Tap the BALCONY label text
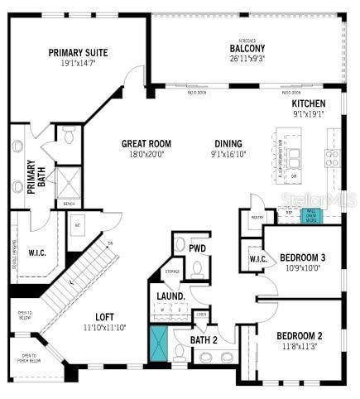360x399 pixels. coord(247,48)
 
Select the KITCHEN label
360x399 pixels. coord(308,103)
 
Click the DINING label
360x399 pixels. coord(228,142)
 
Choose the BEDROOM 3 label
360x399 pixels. coord(302,257)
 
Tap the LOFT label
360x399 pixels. coord(104,316)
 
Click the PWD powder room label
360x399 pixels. coord(198,248)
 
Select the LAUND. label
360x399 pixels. coord(170,296)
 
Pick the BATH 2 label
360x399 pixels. coord(204,339)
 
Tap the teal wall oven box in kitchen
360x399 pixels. coord(312,216)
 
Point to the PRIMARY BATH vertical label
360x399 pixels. coord(32,176)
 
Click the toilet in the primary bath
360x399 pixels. coord(69,134)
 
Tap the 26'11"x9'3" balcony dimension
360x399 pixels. coord(247,59)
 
